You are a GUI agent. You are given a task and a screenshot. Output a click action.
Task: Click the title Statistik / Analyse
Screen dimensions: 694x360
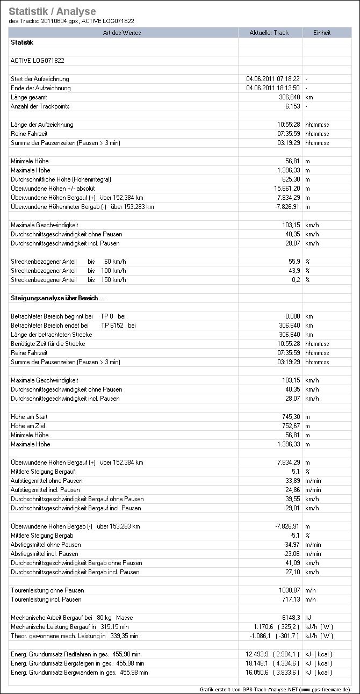pos(52,11)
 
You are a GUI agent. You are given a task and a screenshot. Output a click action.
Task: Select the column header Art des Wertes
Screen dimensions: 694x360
pos(124,33)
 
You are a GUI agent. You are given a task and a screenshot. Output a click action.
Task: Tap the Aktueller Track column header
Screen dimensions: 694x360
pos(269,33)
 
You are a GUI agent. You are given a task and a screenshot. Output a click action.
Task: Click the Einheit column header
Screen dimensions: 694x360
pos(322,33)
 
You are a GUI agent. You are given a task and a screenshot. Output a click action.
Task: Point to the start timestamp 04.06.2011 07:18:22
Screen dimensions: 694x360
pos(273,79)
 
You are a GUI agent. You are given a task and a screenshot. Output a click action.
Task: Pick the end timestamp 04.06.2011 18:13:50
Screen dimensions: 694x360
pos(273,88)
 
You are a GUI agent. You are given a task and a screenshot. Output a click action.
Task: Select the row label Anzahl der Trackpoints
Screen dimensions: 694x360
pos(40,106)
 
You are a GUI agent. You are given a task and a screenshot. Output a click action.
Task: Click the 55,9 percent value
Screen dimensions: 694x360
pos(294,262)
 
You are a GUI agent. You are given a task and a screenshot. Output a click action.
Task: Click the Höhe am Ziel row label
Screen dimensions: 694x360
pos(30,426)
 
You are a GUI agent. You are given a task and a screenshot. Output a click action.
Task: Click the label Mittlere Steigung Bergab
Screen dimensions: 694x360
pos(42,536)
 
